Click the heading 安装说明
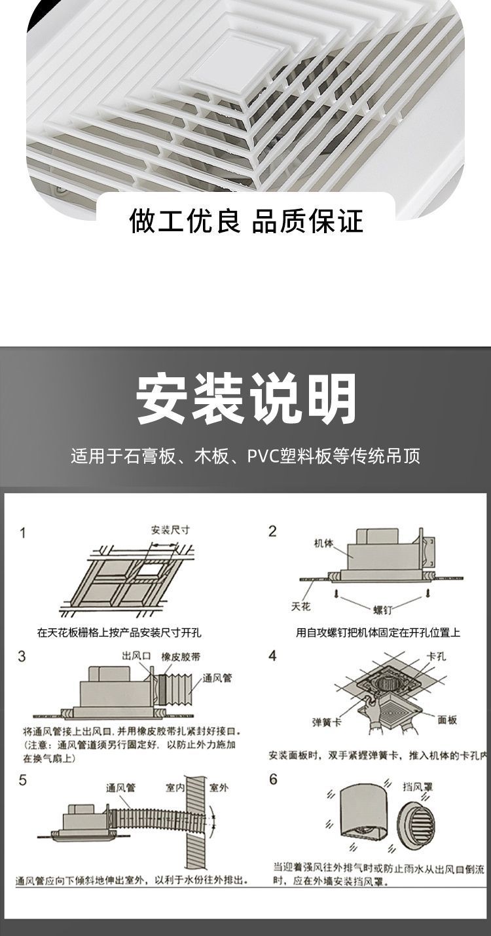point(246,398)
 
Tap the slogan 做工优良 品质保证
point(245,221)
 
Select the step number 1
point(23,533)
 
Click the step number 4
point(273,656)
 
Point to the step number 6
point(273,779)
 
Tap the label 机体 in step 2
point(323,543)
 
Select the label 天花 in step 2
point(300,607)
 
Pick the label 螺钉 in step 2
point(382,610)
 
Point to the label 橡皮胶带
point(179,656)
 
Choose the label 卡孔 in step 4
point(436,656)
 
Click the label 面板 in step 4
point(447,720)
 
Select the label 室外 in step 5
point(219,788)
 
